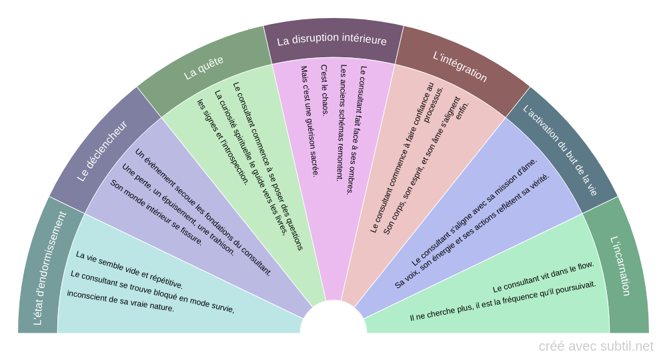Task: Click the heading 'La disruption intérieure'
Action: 331,40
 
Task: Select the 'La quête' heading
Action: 203,68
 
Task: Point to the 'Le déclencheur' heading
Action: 102,151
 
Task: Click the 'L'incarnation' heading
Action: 620,266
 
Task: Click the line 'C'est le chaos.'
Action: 325,90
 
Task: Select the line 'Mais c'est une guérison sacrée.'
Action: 308,120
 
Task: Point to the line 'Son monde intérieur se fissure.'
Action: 156,213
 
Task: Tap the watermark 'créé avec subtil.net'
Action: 596,346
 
